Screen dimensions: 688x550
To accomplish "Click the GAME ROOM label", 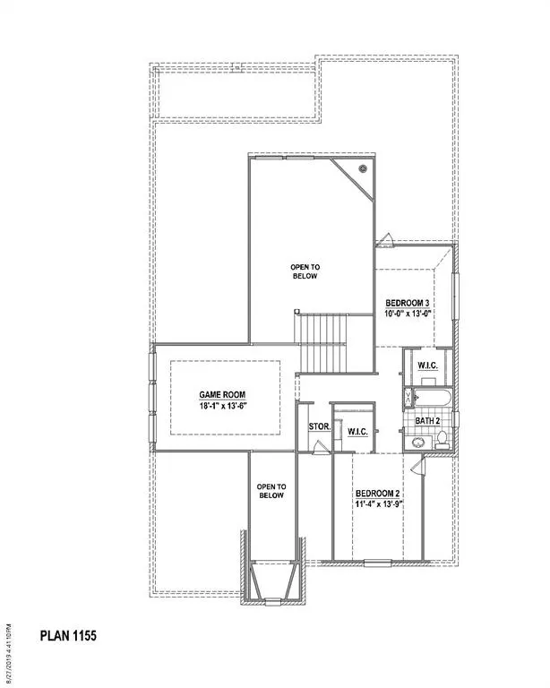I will click(x=222, y=394).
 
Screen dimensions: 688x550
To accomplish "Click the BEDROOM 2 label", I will click(x=377, y=494).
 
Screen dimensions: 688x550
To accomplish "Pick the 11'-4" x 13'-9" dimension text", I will click(x=377, y=504).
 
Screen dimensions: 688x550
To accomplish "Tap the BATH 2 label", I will click(x=427, y=420).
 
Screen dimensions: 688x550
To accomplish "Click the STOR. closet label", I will click(x=319, y=427).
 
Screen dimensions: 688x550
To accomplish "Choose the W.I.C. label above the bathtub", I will click(x=425, y=365).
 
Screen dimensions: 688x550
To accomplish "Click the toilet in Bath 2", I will click(x=441, y=440).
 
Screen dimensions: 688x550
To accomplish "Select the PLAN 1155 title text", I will click(x=68, y=636).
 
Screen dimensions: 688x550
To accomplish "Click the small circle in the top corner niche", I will click(x=364, y=168).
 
